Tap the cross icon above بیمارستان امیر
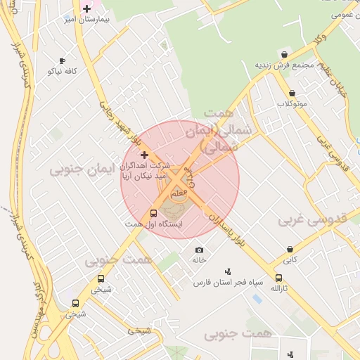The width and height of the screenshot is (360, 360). [x=86, y=8]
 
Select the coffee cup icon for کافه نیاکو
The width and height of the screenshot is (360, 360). [x=63, y=61]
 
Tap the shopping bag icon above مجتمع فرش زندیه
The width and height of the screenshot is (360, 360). [x=283, y=54]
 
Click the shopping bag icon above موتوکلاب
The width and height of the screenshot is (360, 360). [x=292, y=93]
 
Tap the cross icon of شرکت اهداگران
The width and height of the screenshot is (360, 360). [x=145, y=154]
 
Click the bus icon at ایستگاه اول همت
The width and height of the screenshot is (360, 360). [x=154, y=213]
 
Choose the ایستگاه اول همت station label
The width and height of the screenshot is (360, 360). [x=153, y=224]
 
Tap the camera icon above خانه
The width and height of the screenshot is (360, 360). [x=199, y=250]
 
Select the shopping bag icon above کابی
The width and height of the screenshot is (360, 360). [x=290, y=249]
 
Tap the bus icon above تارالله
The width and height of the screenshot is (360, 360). [x=279, y=278]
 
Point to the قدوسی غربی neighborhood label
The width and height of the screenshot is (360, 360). [x=313, y=219]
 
